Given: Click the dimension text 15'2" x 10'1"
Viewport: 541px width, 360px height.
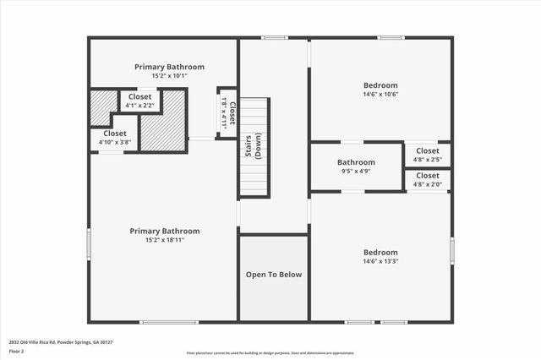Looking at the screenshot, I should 169,76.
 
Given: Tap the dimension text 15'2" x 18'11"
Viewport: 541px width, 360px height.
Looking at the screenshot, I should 164,240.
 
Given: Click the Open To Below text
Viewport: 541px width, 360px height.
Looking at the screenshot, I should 273,275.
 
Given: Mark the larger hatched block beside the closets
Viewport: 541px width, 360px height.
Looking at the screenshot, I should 162,121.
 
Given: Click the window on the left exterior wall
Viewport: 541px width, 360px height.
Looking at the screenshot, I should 90,245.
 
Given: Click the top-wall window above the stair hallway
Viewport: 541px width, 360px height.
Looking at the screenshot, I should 273,37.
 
